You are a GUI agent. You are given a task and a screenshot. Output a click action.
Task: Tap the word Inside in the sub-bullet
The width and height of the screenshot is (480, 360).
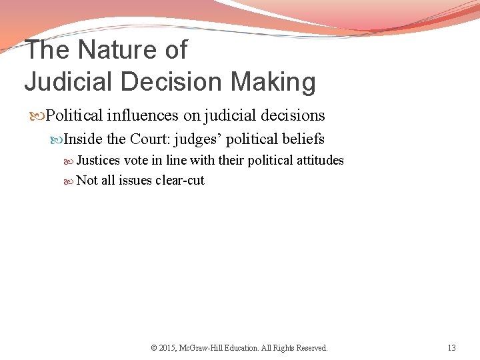(x=83, y=139)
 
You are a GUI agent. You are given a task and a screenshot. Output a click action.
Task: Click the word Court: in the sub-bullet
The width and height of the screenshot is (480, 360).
(x=150, y=139)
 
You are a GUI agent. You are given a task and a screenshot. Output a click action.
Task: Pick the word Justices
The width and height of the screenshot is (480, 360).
(x=98, y=160)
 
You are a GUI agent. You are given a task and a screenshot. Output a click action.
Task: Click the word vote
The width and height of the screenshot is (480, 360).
(x=136, y=160)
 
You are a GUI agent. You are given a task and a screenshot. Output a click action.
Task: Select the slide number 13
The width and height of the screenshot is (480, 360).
(x=451, y=348)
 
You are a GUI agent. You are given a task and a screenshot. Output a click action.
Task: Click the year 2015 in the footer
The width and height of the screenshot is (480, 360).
(x=167, y=348)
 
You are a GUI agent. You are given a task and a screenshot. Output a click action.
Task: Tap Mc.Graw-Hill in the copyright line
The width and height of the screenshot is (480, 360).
(x=206, y=348)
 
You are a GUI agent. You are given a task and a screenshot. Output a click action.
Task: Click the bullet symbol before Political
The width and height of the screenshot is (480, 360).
(x=39, y=116)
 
